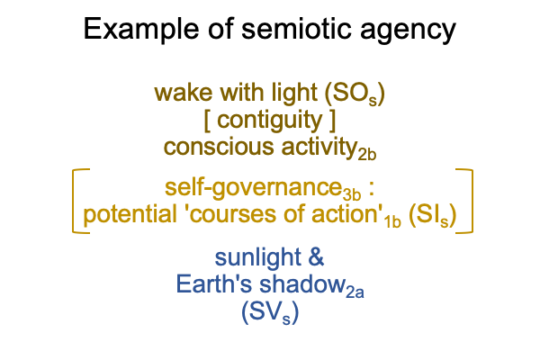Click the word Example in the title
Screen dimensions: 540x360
[141, 30]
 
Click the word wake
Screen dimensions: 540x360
[184, 93]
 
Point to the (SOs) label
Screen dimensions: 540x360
[355, 94]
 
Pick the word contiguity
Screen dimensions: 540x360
[270, 121]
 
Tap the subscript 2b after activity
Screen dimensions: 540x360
[367, 155]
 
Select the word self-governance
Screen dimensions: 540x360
[254, 188]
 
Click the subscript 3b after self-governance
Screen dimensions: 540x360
[352, 195]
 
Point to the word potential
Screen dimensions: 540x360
[130, 214]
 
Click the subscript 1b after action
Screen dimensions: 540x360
[392, 222]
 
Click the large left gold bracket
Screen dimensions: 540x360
[74, 202]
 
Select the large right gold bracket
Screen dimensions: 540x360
[471, 202]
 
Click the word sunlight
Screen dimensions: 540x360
[258, 258]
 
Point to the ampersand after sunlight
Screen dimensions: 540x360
[316, 257]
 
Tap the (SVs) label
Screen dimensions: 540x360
[270, 313]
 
